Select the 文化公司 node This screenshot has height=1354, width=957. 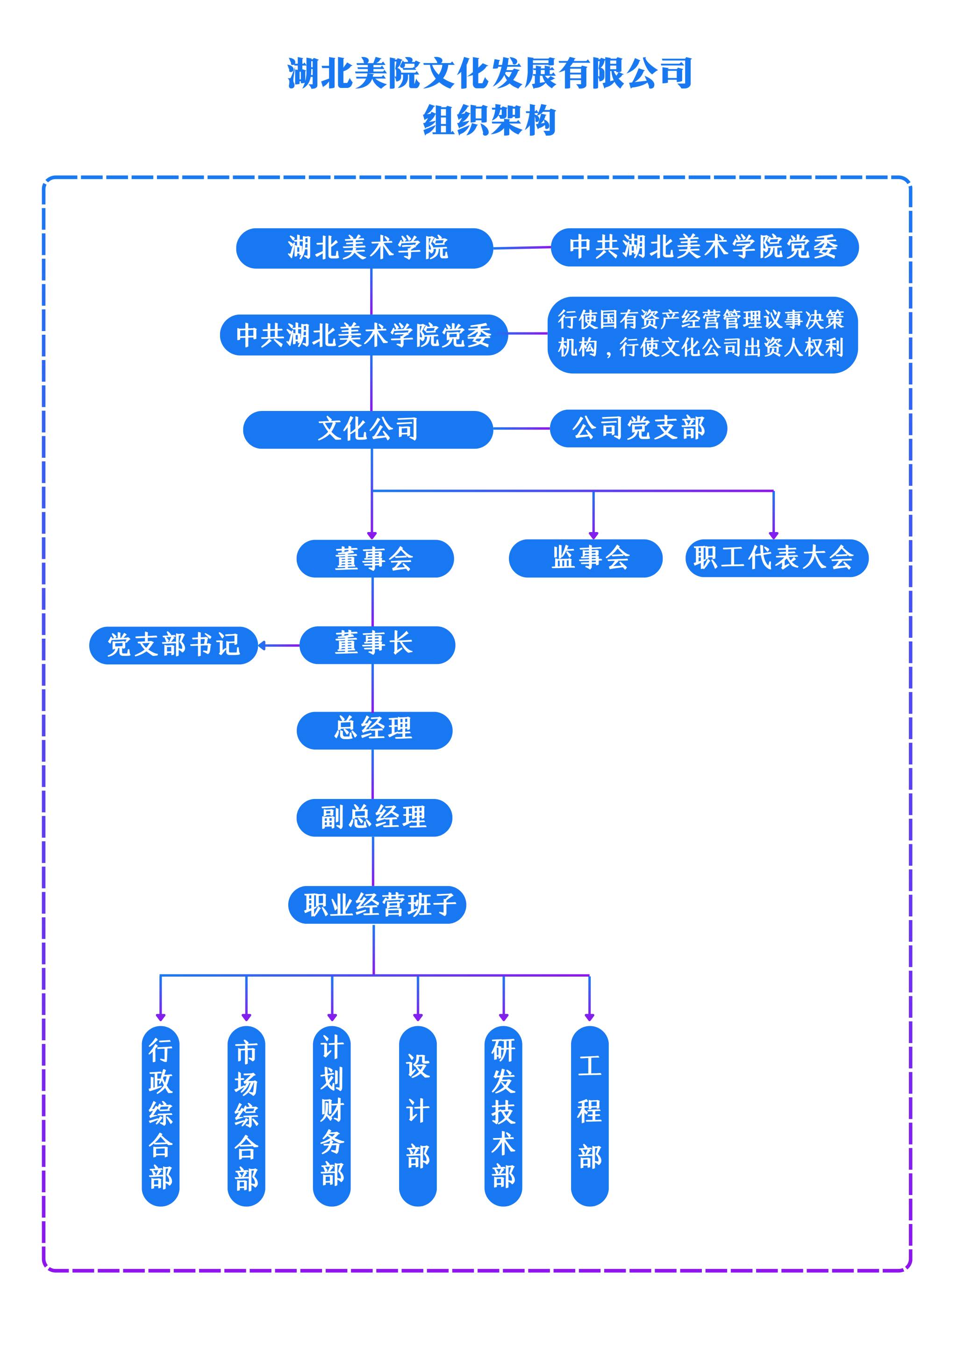[x=368, y=429]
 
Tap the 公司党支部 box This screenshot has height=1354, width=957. [x=638, y=429]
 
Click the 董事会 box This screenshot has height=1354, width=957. [x=375, y=558]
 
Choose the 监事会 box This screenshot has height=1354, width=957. [x=585, y=558]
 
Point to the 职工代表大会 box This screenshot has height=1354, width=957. [x=776, y=558]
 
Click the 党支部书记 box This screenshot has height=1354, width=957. [x=173, y=645]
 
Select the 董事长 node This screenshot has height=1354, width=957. [x=377, y=645]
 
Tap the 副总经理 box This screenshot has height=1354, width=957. [x=374, y=817]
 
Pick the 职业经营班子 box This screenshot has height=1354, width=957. [x=377, y=905]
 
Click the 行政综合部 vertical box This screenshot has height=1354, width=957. [x=160, y=1115]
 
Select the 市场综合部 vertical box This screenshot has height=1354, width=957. [x=246, y=1115]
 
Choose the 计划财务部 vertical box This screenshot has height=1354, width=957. [x=332, y=1115]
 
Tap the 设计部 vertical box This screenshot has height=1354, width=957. [x=418, y=1115]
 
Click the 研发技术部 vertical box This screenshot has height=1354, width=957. [x=503, y=1115]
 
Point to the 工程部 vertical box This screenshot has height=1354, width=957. [x=589, y=1115]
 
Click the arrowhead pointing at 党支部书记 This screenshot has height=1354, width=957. [x=262, y=646]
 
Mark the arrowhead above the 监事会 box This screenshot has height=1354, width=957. [x=593, y=535]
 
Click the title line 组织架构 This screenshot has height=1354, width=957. [x=489, y=121]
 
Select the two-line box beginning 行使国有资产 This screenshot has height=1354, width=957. [x=702, y=334]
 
